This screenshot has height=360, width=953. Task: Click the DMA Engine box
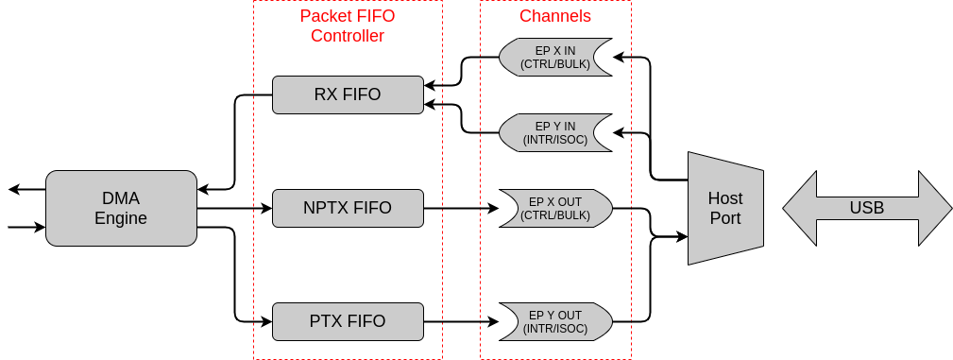121,208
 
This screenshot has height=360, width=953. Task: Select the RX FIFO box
348,94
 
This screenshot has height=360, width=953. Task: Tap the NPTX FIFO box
348,208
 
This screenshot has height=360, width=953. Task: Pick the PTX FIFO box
348,321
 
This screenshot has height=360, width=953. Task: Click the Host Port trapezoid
725,208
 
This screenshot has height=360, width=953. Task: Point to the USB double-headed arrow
867,208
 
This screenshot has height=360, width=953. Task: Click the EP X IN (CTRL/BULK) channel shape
555,57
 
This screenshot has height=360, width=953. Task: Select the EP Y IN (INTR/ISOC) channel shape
555,132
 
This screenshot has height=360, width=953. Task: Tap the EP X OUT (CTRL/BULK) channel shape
555,208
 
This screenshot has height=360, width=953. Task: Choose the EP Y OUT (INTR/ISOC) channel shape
555,321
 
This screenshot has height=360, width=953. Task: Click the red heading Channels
555,16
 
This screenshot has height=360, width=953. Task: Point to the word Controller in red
348,36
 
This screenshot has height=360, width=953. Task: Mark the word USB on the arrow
867,208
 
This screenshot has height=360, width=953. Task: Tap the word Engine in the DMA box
121,218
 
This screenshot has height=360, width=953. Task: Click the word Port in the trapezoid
725,218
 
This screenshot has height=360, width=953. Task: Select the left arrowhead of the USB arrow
799,208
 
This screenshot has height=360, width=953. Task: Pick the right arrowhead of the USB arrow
935,208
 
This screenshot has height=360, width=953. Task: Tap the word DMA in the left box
121,198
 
